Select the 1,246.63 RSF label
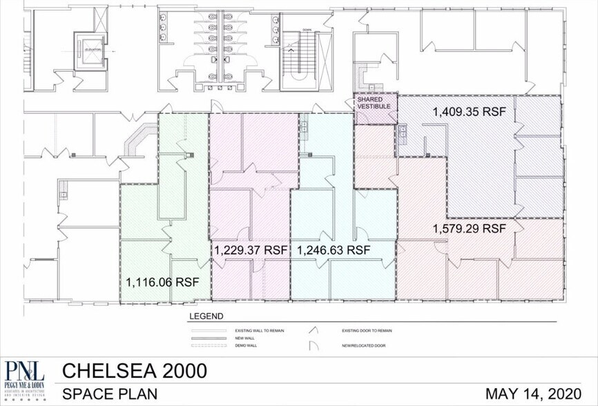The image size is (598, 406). (333, 250)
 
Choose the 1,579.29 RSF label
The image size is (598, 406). (470, 228)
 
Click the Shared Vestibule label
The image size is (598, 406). (374, 104)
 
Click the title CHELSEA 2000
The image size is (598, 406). (135, 371)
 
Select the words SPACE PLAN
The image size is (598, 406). (110, 394)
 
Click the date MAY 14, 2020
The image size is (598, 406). (535, 394)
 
